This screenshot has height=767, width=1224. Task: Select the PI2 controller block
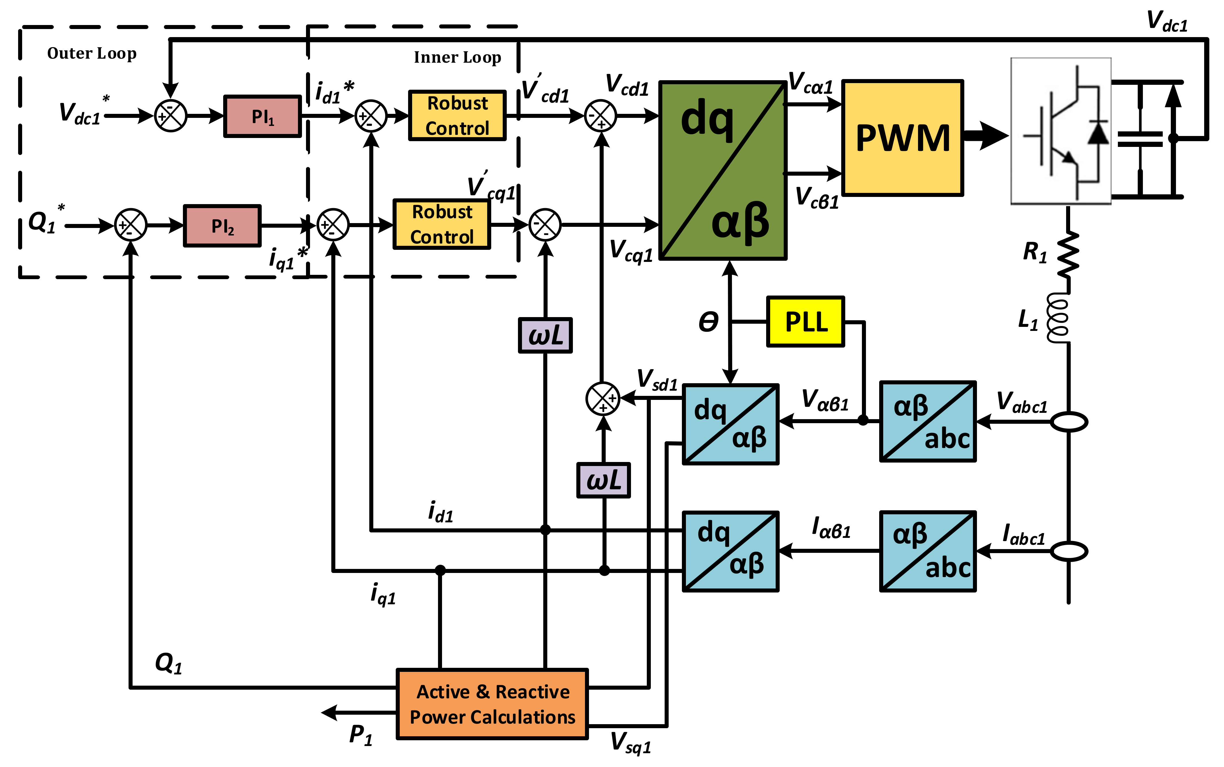tap(222, 226)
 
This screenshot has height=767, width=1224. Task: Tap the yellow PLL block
tap(805, 322)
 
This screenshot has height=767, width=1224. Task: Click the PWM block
tap(902, 137)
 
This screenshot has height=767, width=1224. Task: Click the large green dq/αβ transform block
tap(723, 170)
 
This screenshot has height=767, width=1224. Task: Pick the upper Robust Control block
tap(457, 116)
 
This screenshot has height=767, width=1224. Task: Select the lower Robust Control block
tap(441, 224)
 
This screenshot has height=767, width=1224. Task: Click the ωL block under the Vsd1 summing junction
tap(603, 480)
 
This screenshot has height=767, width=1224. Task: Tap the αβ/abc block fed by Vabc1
tap(928, 421)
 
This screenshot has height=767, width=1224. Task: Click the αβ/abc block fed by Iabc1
tap(928, 551)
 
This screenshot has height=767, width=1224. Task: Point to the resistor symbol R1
tap(1068, 254)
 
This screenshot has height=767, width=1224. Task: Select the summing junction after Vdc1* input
tap(171, 116)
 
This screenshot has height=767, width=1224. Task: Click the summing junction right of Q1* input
tap(130, 225)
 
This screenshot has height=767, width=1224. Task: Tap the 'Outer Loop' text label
tap(92, 53)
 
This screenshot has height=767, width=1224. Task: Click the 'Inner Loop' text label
tap(457, 57)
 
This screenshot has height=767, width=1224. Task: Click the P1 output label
tap(361, 735)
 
